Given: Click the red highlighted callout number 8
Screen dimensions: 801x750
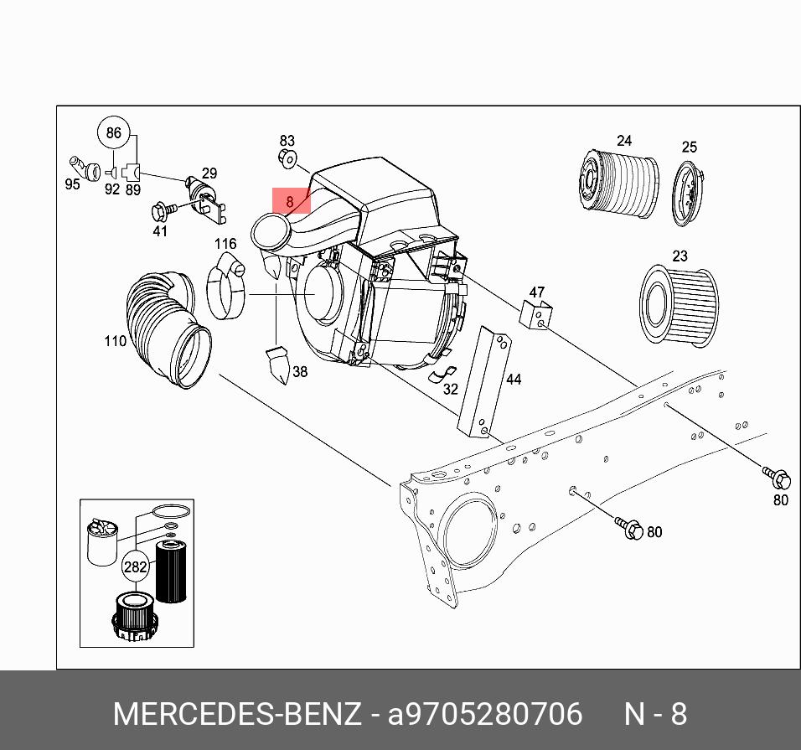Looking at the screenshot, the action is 291,201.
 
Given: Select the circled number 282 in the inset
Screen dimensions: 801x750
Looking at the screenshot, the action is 136,566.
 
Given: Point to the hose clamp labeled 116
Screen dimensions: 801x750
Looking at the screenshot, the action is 225,289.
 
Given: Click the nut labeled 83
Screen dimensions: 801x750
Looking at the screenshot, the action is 287,158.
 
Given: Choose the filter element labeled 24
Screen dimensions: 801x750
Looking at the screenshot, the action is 618,184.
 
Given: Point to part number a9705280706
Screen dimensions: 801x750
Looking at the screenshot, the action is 484,715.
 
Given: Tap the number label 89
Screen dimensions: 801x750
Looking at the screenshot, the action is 132,189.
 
